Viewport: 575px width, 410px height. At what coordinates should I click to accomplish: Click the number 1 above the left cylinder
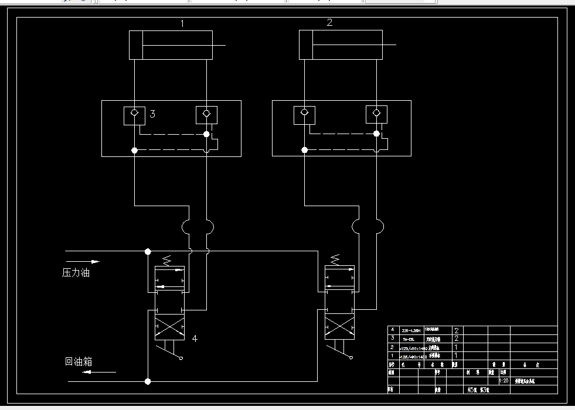tap(182, 24)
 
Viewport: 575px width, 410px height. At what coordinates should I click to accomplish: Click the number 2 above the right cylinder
tap(329, 23)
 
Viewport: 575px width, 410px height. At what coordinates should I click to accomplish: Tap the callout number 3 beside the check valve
tap(152, 114)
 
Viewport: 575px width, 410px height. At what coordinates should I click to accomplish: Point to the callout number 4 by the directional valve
tap(195, 338)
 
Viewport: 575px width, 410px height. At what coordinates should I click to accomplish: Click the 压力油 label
tap(76, 272)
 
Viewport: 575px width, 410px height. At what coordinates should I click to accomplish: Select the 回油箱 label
tap(79, 361)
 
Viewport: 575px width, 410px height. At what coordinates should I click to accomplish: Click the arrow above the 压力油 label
tap(83, 261)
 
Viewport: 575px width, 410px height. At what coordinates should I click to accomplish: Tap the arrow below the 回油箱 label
tap(83, 372)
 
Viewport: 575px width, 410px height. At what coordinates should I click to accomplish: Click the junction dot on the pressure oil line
tap(148, 251)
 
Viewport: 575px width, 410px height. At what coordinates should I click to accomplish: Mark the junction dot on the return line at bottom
tap(148, 381)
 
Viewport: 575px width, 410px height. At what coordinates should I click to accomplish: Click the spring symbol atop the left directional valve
tap(168, 259)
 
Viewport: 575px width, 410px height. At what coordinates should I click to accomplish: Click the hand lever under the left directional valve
tap(170, 351)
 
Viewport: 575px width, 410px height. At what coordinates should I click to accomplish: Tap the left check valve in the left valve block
tap(134, 114)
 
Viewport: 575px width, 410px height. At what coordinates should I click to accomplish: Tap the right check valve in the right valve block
tap(376, 114)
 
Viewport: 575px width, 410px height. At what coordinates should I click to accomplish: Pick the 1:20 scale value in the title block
tap(503, 381)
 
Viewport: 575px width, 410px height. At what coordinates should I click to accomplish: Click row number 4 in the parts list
tap(392, 330)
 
